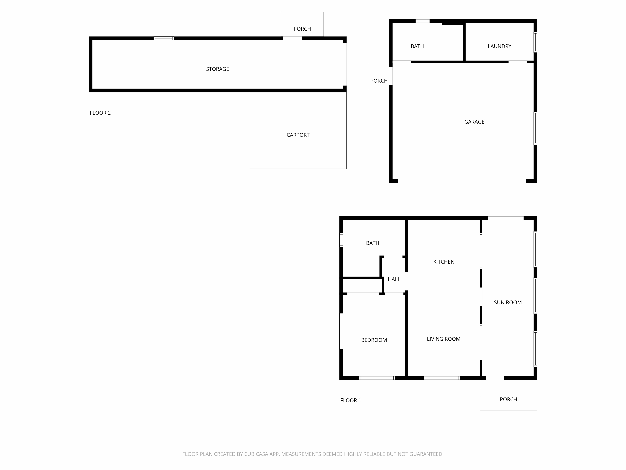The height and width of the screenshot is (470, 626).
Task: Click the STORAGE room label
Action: [217, 69]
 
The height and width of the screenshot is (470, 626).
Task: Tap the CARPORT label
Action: [298, 135]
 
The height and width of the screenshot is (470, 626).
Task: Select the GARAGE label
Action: [474, 122]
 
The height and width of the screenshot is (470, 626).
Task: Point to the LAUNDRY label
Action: [500, 46]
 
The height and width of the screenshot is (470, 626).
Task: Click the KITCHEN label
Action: [444, 262]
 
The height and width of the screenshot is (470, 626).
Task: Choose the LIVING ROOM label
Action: [444, 339]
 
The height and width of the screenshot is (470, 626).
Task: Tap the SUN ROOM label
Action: [508, 302]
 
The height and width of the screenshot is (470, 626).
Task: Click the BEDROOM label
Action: [374, 340]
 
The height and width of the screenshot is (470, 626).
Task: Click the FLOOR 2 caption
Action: [100, 113]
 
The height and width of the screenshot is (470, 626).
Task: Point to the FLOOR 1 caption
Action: [351, 400]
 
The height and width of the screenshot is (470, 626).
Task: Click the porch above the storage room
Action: [302, 24]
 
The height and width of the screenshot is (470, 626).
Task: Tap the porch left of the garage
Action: [379, 76]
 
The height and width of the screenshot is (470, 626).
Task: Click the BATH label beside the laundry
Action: [417, 46]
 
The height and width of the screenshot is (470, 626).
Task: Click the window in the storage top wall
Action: [164, 38]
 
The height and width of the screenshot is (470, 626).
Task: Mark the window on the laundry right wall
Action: [535, 42]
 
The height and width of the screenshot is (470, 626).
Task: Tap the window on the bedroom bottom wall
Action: [377, 378]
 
